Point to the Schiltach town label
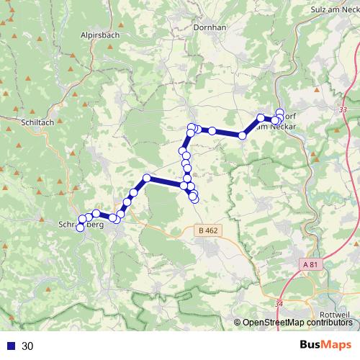coord(37,123)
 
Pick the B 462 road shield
coord(207,230)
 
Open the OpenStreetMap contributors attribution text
coord(297,323)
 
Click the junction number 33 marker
coord(341,109)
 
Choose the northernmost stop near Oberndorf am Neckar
coord(280,112)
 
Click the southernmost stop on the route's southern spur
coord(194,198)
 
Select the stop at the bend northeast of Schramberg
coord(147,178)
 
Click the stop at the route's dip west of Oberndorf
coord(243,135)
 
